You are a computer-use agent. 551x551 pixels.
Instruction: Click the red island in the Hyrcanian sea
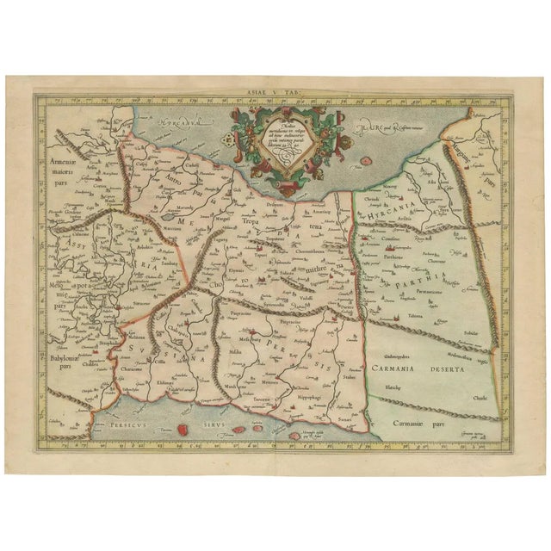(367, 161)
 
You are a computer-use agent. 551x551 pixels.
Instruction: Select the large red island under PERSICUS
(183, 429)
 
